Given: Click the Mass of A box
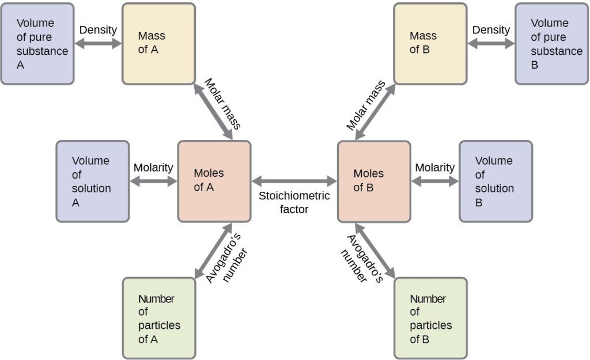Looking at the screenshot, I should coord(158,44).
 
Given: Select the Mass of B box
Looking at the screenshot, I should coord(430,44).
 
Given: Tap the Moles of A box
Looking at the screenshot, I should coord(214,181).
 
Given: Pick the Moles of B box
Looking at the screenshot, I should coord(374,181).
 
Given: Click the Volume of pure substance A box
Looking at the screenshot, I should coord(37,44).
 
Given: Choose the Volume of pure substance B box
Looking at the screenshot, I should coord(551,44).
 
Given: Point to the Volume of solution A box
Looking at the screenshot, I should coord(92,181).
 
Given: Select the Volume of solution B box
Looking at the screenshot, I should coord(496,181).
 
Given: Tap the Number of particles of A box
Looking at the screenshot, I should coord(159,318).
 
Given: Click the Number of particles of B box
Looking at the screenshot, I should coord(430,318).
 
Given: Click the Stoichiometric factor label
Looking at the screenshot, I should coord(294,202).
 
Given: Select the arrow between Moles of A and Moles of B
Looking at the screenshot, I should coord(294,181).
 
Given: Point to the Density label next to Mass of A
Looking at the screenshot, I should coord(98,29).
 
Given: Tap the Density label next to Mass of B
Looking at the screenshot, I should coord(491,29).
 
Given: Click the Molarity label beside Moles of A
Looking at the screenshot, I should coord(153,168).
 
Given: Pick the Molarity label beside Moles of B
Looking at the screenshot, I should coord(435,168).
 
